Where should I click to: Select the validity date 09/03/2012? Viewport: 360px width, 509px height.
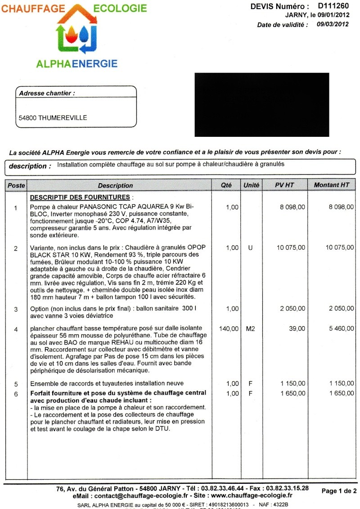coord(333,25)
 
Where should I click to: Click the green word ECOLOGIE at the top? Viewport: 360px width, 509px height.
coord(120,8)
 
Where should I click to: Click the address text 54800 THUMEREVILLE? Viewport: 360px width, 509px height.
coord(53,118)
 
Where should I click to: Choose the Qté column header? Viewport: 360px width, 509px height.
coord(226,185)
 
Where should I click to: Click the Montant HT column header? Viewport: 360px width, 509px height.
coord(331,185)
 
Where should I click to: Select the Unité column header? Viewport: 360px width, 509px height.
coord(251,185)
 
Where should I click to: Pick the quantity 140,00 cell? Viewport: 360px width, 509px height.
coord(228,329)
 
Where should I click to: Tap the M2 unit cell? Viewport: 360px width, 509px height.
coord(251,329)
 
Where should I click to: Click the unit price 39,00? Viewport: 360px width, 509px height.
coord(297,329)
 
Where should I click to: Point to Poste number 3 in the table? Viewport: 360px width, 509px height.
coord(16,309)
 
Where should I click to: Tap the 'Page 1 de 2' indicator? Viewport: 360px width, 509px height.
coord(339,491)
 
